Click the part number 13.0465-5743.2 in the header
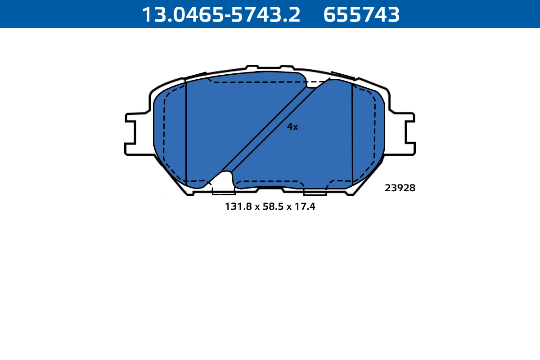(221, 15)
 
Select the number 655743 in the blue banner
(361, 15)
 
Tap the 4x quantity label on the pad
(292, 127)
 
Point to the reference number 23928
(400, 189)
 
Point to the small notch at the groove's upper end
(311, 85)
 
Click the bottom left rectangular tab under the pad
(223, 192)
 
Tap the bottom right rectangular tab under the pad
(315, 192)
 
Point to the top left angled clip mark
(196, 76)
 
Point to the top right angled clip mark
(343, 76)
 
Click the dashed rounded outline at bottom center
(270, 182)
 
